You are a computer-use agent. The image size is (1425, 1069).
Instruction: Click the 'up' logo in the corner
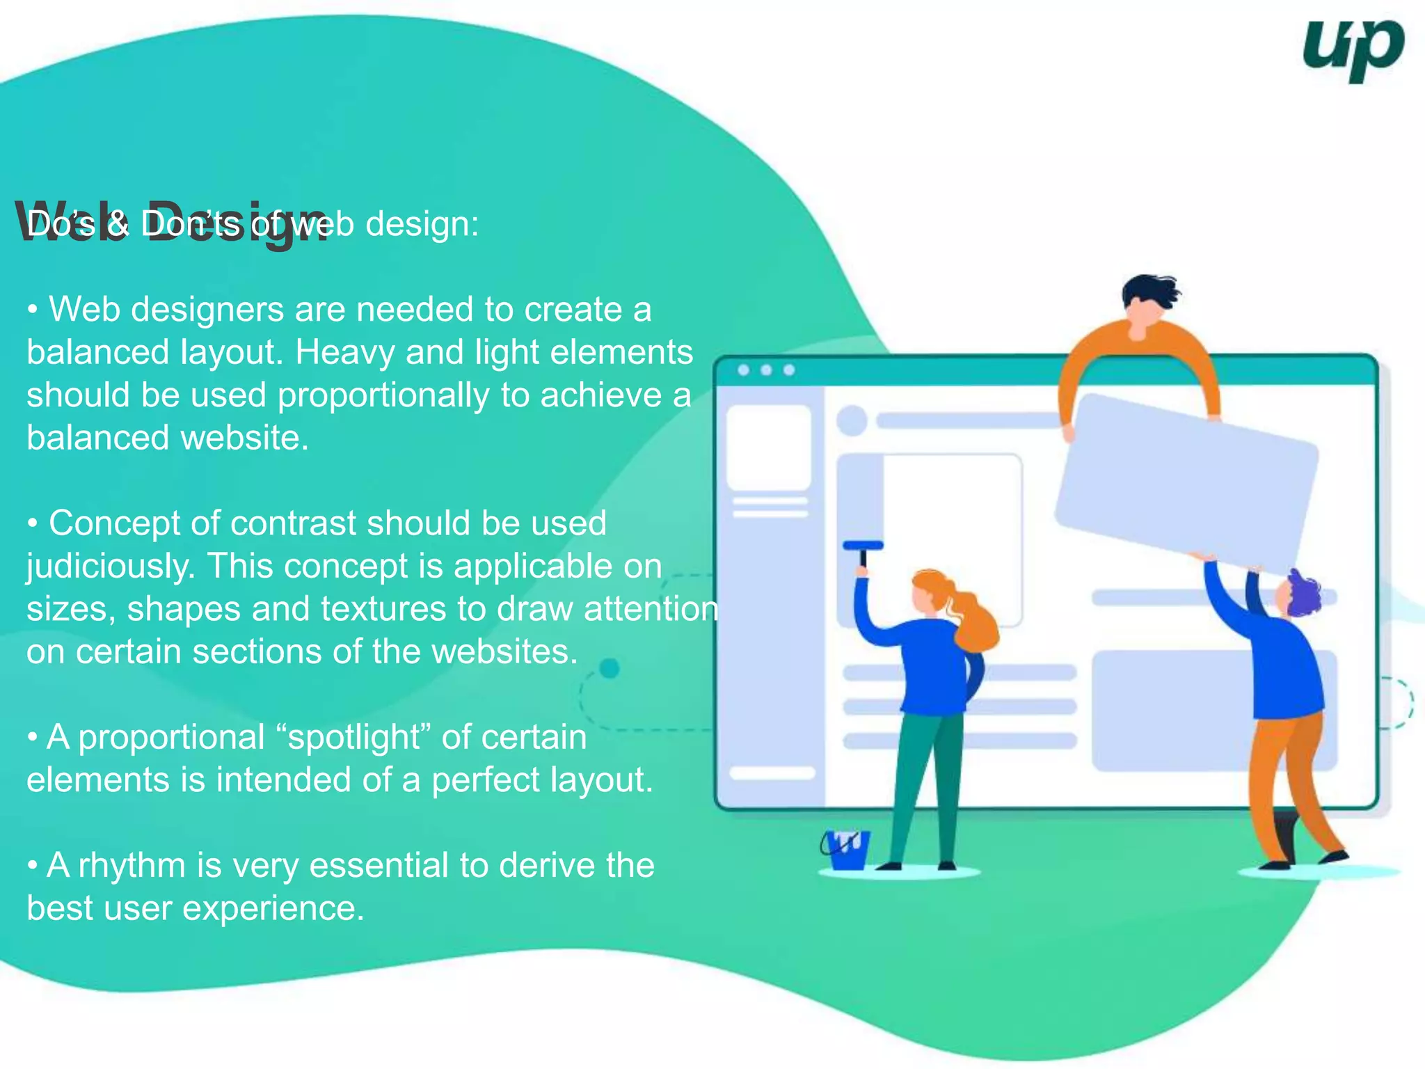tap(1352, 49)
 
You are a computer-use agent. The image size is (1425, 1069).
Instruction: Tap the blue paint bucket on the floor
tap(845, 850)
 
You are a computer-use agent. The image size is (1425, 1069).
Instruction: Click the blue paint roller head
tap(863, 546)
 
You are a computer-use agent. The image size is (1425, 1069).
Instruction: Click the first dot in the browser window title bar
tap(743, 370)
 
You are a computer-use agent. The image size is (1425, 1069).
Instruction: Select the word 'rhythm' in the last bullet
tap(132, 866)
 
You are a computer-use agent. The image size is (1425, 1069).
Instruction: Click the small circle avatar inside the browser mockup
tap(852, 420)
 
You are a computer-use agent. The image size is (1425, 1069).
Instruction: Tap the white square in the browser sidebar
tap(769, 448)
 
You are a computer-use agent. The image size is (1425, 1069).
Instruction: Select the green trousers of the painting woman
tap(922, 786)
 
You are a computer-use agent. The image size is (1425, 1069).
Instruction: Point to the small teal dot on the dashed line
tap(610, 668)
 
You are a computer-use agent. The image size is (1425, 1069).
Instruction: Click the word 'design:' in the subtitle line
tap(422, 225)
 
